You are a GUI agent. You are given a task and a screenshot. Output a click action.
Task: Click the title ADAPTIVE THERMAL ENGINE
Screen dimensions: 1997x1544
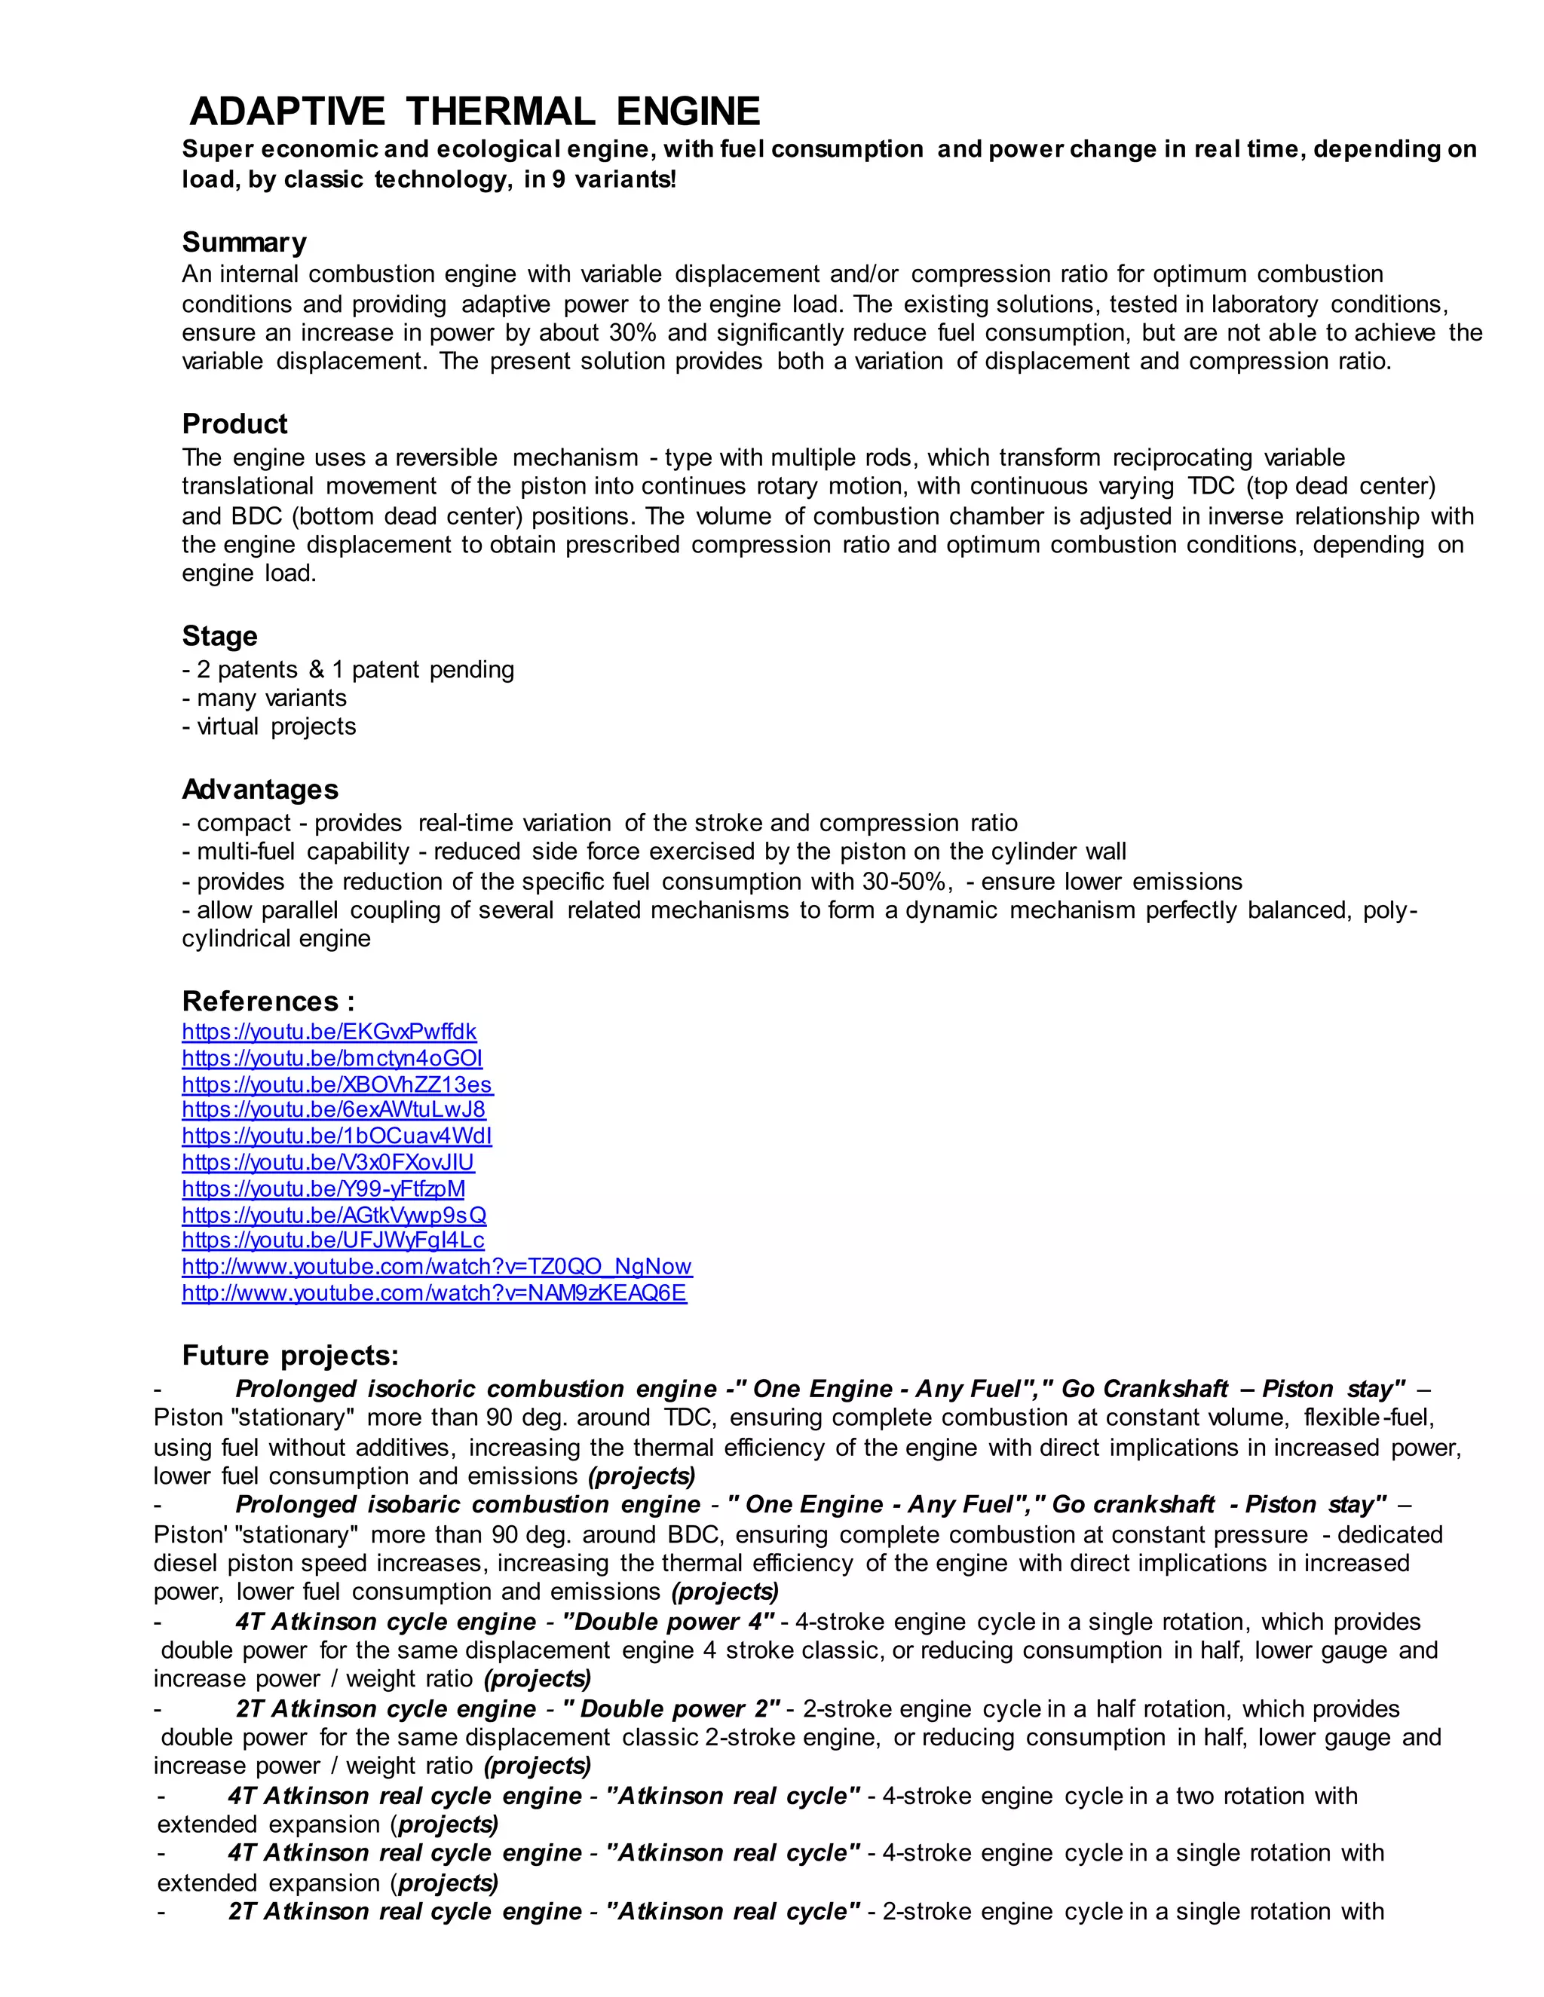[x=475, y=112]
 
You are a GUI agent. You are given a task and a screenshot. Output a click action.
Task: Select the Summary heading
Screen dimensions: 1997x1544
[x=244, y=243]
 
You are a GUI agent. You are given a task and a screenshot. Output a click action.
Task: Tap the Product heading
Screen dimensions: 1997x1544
[x=234, y=424]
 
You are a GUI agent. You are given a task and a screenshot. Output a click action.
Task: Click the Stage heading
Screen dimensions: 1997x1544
[x=219, y=637]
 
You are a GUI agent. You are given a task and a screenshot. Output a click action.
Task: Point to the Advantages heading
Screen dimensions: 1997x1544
[x=260, y=789]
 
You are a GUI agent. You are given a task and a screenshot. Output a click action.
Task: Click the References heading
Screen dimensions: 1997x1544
[x=268, y=1000]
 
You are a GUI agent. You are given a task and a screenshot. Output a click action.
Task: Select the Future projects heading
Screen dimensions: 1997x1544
[x=290, y=1355]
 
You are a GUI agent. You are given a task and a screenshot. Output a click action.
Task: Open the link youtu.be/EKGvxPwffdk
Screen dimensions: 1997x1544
[x=329, y=1032]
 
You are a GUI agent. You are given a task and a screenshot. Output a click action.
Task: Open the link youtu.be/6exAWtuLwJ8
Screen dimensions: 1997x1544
[x=333, y=1109]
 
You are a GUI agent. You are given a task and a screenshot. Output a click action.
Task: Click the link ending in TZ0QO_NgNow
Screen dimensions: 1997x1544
[x=437, y=1267]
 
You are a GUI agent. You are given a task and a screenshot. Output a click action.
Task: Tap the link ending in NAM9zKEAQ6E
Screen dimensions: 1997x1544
[x=433, y=1293]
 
